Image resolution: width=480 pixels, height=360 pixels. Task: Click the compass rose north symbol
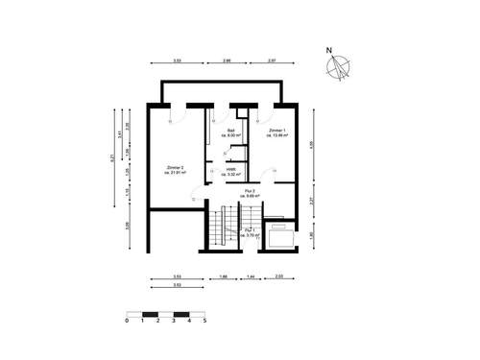pos(338,67)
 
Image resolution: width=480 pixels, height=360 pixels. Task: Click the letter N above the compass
pos(327,50)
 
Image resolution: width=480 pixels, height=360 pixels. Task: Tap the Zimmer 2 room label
pos(176,170)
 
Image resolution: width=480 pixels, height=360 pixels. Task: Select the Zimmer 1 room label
pos(278,132)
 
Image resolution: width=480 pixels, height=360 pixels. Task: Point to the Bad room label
pos(232,132)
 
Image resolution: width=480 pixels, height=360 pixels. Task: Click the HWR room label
pos(231,174)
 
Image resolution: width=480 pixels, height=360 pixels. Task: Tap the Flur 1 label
pos(250,232)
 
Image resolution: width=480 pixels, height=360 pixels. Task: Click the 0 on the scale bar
pos(127,322)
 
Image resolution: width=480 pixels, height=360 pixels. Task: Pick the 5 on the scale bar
pos(204,322)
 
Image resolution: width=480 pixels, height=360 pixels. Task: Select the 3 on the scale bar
pos(174,322)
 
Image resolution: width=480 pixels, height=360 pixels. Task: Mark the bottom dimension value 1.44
pos(251,276)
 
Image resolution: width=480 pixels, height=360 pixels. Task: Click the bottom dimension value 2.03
pos(278,276)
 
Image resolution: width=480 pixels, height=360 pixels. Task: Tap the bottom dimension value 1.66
pos(223,276)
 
